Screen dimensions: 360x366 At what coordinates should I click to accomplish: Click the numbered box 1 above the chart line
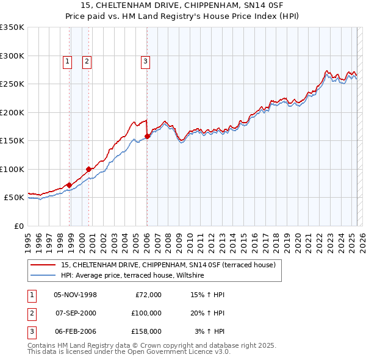(x=66, y=61)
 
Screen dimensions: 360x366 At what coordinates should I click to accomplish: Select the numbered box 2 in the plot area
(x=87, y=61)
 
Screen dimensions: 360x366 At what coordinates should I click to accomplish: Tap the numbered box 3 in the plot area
(x=146, y=61)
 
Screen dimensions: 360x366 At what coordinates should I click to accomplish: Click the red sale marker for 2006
(x=147, y=136)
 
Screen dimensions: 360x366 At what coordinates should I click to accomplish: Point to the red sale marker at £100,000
(x=89, y=169)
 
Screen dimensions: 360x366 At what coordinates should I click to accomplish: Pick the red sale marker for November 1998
(x=69, y=185)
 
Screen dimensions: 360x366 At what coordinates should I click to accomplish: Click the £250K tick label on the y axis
(x=12, y=84)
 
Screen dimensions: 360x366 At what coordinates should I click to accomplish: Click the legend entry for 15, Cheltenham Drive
(x=168, y=265)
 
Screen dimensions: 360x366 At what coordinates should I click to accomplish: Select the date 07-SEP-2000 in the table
(x=75, y=313)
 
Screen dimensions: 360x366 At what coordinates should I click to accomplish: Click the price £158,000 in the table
(x=146, y=331)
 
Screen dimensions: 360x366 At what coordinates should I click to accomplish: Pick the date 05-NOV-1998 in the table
(x=75, y=295)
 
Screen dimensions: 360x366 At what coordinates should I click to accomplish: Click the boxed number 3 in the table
(x=30, y=331)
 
